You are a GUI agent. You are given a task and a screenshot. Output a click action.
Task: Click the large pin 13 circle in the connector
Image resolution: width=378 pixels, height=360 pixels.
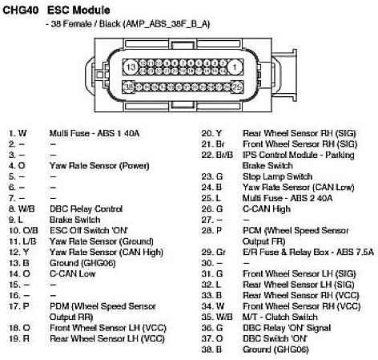point(131,67)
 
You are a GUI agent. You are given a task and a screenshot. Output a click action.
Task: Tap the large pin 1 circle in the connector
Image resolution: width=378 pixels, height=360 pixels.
point(235,67)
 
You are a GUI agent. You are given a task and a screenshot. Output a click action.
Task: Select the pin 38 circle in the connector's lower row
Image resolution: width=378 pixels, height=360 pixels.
point(129,87)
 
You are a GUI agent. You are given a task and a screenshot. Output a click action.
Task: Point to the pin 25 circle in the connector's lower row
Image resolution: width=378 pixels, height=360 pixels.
point(237,87)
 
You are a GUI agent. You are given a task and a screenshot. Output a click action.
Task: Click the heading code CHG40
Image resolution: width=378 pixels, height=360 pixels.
point(21,10)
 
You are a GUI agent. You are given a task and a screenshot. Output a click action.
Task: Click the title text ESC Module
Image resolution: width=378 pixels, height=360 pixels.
point(78,10)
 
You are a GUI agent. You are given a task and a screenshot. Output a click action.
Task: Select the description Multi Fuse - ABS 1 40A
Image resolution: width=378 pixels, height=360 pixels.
point(94,133)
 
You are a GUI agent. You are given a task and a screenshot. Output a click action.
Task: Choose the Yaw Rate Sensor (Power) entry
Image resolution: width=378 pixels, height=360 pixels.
point(99,166)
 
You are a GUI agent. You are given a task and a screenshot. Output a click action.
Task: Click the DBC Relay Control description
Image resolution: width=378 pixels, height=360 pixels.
point(86,208)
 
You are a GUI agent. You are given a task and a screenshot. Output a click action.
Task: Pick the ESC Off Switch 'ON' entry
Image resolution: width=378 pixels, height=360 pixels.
point(89,230)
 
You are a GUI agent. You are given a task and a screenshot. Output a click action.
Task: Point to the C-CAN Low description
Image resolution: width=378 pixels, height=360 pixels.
point(72,273)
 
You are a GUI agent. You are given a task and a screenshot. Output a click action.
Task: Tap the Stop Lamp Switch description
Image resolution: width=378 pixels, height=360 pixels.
point(277,176)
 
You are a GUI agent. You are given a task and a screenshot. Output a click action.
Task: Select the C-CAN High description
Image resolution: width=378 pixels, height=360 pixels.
point(267,208)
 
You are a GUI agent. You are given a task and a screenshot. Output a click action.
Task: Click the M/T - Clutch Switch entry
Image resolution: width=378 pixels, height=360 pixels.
point(280,317)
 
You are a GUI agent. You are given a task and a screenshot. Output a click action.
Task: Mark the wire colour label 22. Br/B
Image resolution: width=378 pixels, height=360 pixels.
point(217,155)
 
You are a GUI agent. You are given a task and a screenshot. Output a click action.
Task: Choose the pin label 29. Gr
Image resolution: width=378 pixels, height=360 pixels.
point(214,252)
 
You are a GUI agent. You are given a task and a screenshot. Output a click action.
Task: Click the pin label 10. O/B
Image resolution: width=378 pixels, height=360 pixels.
point(23,230)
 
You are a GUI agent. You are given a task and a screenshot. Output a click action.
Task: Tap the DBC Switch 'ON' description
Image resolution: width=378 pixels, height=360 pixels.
point(275,338)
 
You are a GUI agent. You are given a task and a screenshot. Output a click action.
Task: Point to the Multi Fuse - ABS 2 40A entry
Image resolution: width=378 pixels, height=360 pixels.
point(288,198)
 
